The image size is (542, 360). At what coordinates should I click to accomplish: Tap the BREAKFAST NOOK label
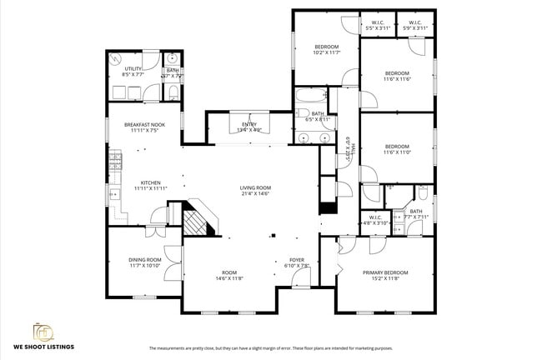coord(147,125)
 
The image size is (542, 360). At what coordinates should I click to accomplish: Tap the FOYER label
coord(298,260)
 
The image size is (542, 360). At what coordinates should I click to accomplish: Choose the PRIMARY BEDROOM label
coord(385,272)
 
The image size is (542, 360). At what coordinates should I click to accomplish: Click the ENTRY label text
coord(249,124)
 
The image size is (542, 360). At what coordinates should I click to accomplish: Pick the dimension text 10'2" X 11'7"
coord(326,52)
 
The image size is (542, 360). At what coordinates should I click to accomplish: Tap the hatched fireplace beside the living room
coord(197,220)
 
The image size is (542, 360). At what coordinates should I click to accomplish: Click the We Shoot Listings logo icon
coord(43,331)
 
